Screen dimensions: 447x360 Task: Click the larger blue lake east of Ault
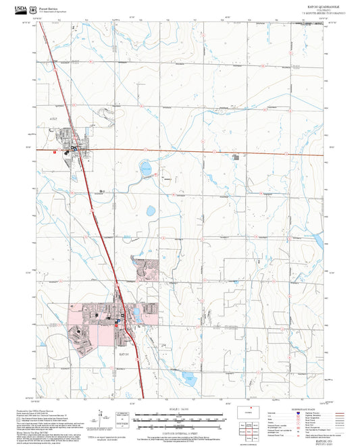click(x=145, y=168)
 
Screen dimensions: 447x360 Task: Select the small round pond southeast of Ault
click(x=151, y=211)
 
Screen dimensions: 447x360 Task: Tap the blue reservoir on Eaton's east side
click(x=138, y=314)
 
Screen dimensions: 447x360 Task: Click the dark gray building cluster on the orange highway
click(x=236, y=157)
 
